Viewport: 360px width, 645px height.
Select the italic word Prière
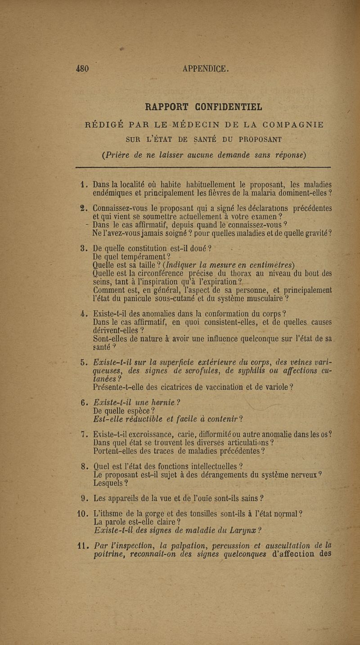[x=120, y=155]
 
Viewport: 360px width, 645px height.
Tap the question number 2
[x=82, y=208]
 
